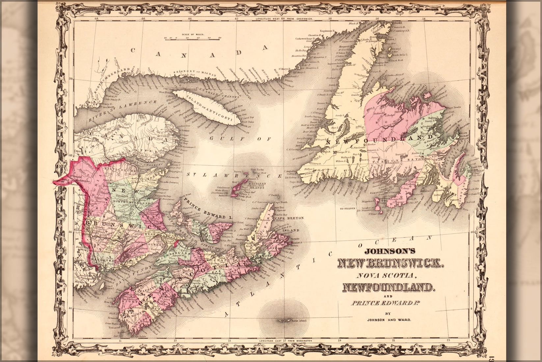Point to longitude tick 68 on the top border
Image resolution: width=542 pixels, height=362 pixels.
[x=96, y=19]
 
